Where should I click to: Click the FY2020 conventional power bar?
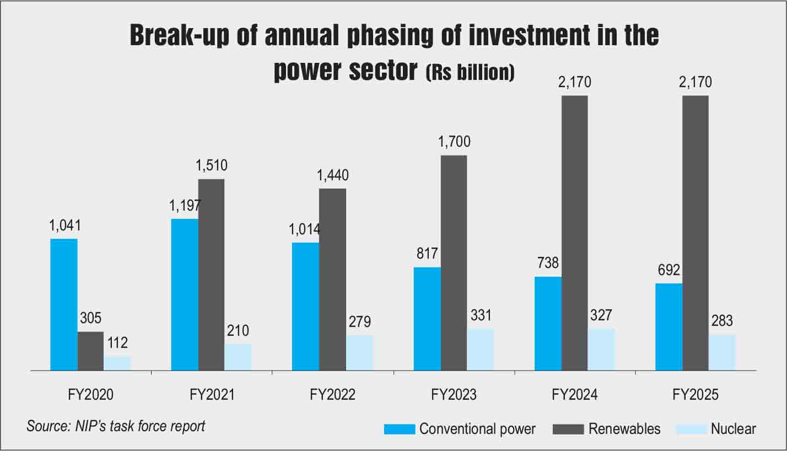click(x=64, y=304)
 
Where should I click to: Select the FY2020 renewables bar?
click(x=90, y=351)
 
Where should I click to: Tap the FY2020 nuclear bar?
click(x=117, y=363)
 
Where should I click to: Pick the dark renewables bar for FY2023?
click(x=454, y=263)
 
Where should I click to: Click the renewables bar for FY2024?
click(x=575, y=233)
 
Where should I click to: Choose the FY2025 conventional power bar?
click(x=669, y=327)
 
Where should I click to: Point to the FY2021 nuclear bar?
click(x=238, y=357)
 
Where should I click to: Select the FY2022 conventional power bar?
click(x=306, y=307)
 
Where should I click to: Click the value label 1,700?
click(x=454, y=142)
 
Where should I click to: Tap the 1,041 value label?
click(x=65, y=225)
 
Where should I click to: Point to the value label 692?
click(x=669, y=270)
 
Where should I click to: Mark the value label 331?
click(x=481, y=315)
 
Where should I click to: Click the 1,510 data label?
click(x=212, y=165)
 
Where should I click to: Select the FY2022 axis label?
click(x=332, y=395)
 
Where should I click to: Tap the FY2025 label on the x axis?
click(x=696, y=395)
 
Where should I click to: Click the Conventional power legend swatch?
click(x=400, y=429)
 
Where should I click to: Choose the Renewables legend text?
click(x=624, y=429)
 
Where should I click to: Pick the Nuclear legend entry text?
click(x=733, y=429)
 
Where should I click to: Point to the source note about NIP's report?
click(x=116, y=426)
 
